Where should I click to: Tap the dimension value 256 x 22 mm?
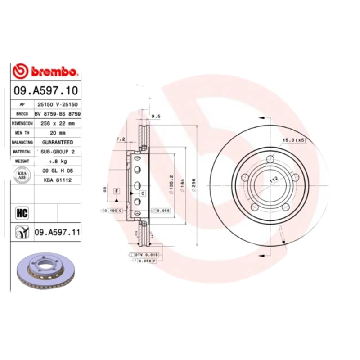(57, 123)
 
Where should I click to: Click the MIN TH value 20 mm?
(57, 133)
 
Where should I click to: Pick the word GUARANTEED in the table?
(57, 142)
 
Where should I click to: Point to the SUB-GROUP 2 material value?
(57, 152)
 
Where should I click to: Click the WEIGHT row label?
(22, 161)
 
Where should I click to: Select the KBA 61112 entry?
(57, 180)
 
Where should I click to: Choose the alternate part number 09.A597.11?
(57, 232)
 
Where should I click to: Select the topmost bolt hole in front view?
(270, 159)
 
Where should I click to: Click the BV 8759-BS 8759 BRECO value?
(57, 114)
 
